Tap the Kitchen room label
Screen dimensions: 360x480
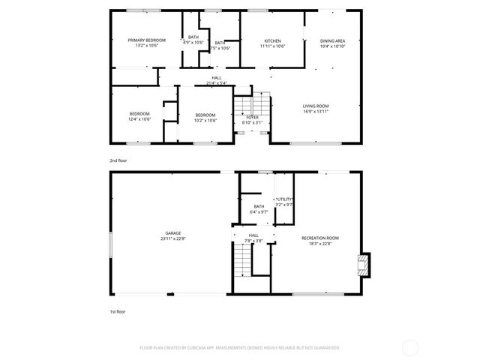click(x=272, y=43)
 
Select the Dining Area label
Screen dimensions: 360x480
click(x=332, y=43)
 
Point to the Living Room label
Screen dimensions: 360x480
click(x=316, y=109)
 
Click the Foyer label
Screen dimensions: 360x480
click(x=252, y=120)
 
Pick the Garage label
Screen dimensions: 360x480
click(x=173, y=235)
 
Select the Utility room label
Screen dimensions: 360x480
click(x=283, y=201)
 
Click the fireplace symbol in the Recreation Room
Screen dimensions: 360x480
click(x=363, y=264)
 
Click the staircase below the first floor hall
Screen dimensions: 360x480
click(x=241, y=262)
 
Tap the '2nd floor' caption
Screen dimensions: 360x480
click(x=118, y=160)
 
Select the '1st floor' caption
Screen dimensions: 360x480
click(x=118, y=310)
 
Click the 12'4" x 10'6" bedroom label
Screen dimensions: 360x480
click(x=140, y=116)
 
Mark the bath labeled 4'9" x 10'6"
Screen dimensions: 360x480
click(x=193, y=40)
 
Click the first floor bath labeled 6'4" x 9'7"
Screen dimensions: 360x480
click(x=259, y=209)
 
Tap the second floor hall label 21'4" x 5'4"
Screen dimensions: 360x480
click(x=216, y=80)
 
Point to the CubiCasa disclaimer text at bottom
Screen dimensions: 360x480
click(x=240, y=348)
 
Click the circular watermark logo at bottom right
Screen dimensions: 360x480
click(x=410, y=347)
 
